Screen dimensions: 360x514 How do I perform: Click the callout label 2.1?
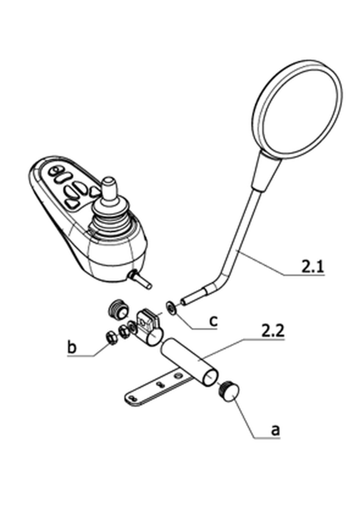coord(312,267)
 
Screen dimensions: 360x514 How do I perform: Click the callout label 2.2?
coord(273,331)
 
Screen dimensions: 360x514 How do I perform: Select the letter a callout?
coord(275,430)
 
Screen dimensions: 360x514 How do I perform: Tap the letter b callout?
coord(71,347)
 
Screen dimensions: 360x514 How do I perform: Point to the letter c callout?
coord(213,321)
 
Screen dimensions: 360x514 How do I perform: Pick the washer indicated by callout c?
coord(171,308)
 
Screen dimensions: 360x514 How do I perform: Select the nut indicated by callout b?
coord(112,338)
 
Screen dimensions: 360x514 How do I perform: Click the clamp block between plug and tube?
coord(149,328)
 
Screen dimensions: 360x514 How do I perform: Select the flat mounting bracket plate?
coord(157,387)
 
